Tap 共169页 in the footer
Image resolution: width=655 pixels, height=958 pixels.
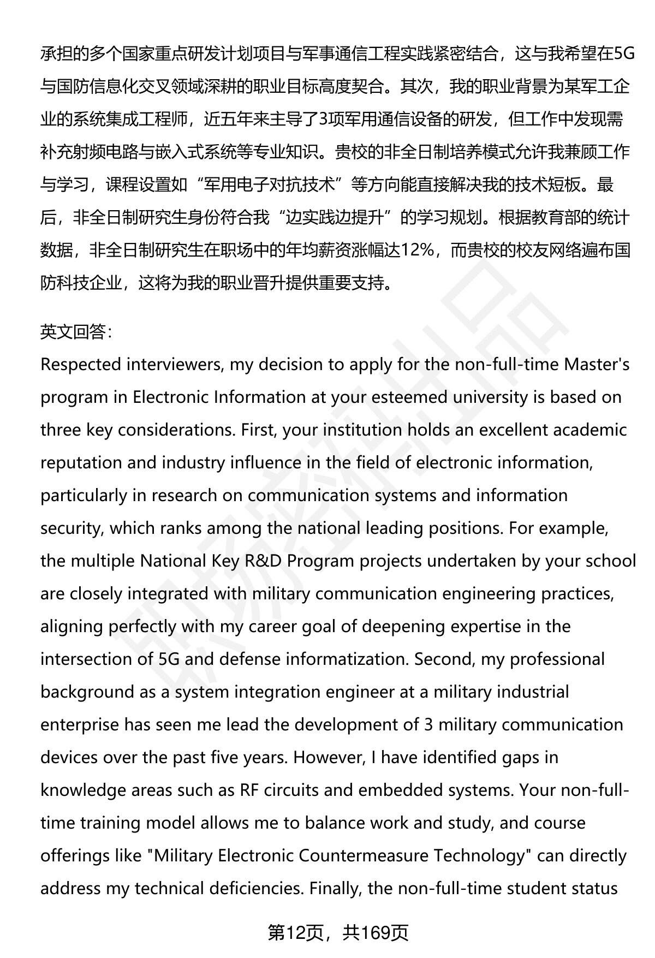point(376,933)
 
